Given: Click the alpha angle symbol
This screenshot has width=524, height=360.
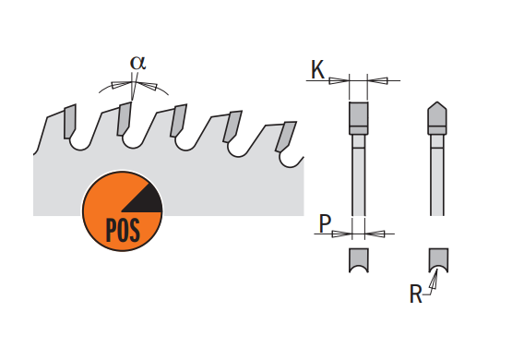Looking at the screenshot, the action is point(138,63).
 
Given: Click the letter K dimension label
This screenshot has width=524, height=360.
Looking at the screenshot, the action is point(317,69).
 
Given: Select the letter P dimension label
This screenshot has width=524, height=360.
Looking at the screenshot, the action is point(325,223).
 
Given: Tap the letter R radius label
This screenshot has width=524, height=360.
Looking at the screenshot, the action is point(416,294).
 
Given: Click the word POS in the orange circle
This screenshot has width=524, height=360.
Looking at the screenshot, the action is point(123,230).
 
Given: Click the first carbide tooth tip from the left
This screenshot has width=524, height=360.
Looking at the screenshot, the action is point(69,121).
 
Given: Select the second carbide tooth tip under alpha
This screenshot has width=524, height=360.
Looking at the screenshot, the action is point(124,119).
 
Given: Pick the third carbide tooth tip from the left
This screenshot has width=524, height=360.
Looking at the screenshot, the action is point(177,120).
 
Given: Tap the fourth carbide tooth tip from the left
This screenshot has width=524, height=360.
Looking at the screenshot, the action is point(232,126).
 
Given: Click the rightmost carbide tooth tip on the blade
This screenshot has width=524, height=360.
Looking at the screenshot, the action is point(285,137).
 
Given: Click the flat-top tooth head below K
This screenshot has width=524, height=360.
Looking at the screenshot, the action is point(359,118).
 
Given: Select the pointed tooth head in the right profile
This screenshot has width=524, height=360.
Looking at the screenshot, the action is point(437,118).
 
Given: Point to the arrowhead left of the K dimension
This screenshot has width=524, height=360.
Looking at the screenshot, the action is point(339,80).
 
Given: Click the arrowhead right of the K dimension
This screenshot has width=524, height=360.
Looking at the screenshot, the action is point(377,80).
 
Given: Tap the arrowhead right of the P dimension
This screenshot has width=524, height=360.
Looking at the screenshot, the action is point(375,234).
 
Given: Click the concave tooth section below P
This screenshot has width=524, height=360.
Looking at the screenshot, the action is point(359,259).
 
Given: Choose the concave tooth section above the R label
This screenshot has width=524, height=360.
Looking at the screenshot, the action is point(438,259).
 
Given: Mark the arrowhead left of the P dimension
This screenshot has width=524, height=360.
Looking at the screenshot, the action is point(342,234).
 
